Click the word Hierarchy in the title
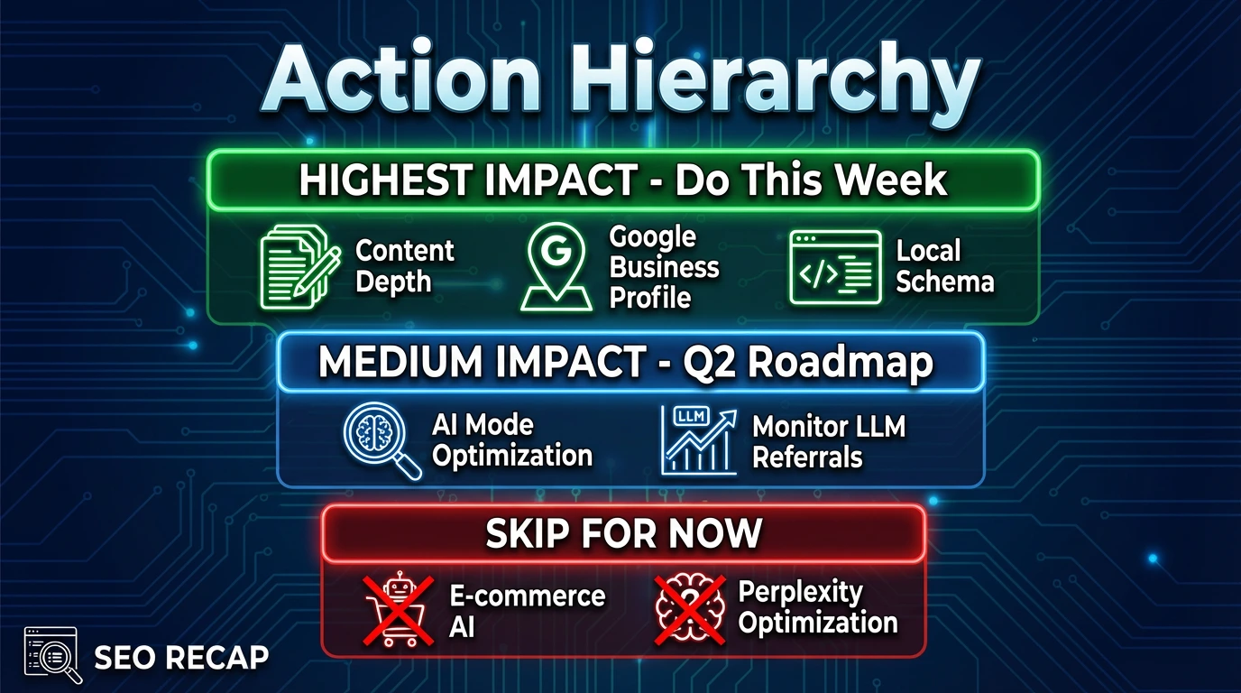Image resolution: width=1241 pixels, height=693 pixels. pyautogui.click(x=767, y=81)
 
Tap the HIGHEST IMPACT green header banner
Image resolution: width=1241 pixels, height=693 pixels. pyautogui.click(x=623, y=180)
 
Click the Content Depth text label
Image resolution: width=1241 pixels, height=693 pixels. pyautogui.click(x=405, y=266)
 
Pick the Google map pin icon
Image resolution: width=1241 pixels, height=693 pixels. pyautogui.click(x=556, y=267)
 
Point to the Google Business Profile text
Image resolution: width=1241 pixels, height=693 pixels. pyautogui.click(x=664, y=267)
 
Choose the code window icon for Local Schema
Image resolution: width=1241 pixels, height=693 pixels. pyautogui.click(x=834, y=267)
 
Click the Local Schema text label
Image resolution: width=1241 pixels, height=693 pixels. pyautogui.click(x=944, y=266)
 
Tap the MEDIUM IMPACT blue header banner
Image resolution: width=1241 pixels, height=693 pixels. pyautogui.click(x=629, y=363)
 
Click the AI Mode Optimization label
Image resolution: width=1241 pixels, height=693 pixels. pyautogui.click(x=511, y=440)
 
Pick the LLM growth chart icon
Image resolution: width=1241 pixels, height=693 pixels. pyautogui.click(x=697, y=440)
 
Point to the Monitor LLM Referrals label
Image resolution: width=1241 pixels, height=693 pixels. pyautogui.click(x=828, y=441)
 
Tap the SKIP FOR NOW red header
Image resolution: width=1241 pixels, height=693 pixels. pyautogui.click(x=623, y=534)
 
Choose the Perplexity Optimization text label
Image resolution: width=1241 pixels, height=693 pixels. pyautogui.click(x=817, y=607)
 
